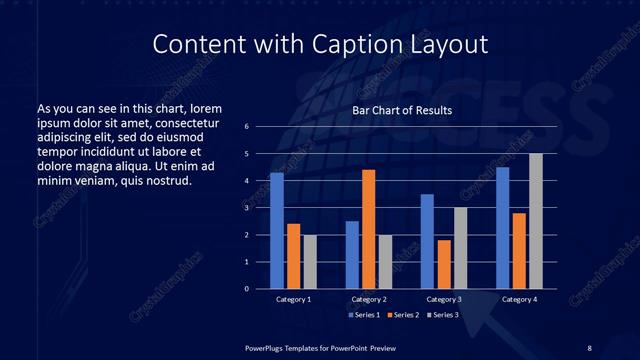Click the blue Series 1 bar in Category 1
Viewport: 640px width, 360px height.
point(277,231)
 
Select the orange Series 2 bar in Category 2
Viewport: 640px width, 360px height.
point(369,229)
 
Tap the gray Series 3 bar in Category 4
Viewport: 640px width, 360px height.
point(536,221)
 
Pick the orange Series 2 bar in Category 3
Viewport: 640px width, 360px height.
point(444,264)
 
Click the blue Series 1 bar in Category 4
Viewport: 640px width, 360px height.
point(503,228)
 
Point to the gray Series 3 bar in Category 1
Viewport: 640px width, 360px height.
point(310,262)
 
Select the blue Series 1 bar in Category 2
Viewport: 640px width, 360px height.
point(352,255)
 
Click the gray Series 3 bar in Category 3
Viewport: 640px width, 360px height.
point(461,248)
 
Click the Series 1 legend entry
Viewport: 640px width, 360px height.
point(364,315)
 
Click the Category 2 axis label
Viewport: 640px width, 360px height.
point(369,299)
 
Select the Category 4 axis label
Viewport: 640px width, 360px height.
point(519,299)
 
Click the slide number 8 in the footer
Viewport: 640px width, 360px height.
point(589,347)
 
